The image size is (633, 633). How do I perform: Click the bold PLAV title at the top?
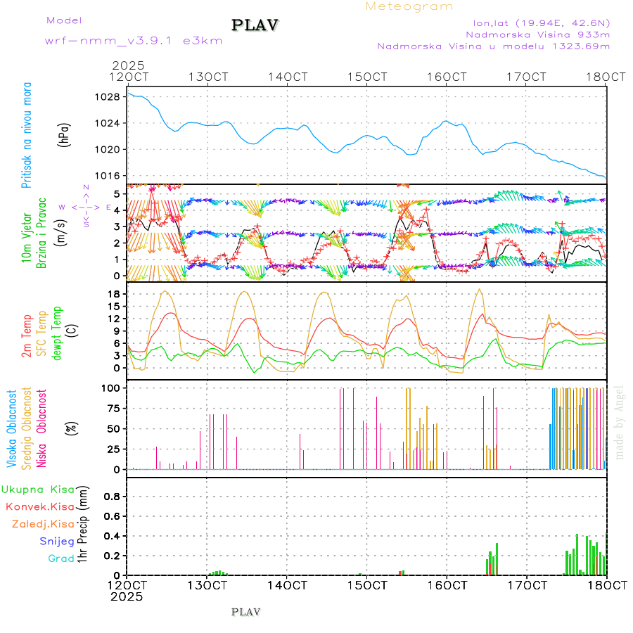point(255,25)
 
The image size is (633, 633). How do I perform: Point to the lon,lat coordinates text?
point(542,21)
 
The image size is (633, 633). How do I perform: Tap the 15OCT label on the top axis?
point(369,77)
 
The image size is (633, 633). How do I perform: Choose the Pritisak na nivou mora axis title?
point(27,138)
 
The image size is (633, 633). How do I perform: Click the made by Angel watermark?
point(620,422)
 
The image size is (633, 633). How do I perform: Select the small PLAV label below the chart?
point(245,612)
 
